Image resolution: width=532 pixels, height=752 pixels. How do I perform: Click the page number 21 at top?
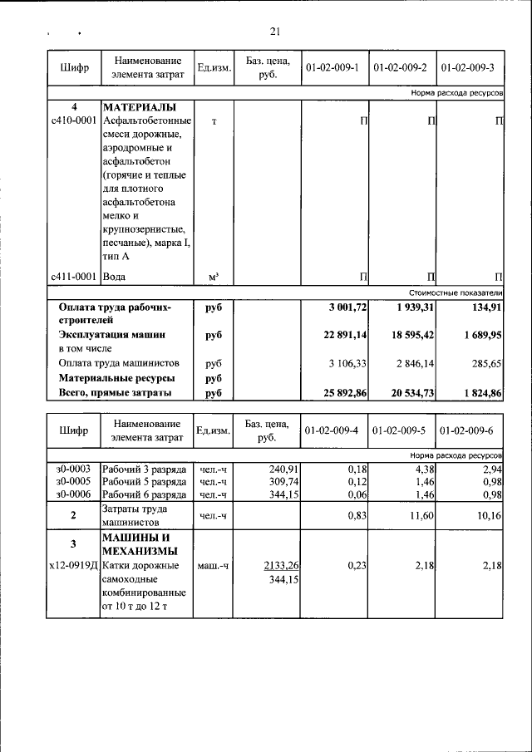coord(276,32)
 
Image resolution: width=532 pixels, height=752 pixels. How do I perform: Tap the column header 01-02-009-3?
coord(470,67)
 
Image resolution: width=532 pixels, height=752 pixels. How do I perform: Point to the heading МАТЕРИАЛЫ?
coord(140,108)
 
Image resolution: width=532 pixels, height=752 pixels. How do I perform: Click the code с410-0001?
coord(73,122)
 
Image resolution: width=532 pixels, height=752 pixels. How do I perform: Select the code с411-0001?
coord(73,276)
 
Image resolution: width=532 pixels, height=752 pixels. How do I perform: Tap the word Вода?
coord(114,276)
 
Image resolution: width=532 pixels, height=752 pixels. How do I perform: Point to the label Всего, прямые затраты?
coord(115,391)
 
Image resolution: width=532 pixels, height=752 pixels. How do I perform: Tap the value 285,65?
coord(486,363)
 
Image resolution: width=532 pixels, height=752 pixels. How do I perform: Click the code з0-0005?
coord(72,481)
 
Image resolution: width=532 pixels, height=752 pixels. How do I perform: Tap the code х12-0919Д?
coord(73,565)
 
